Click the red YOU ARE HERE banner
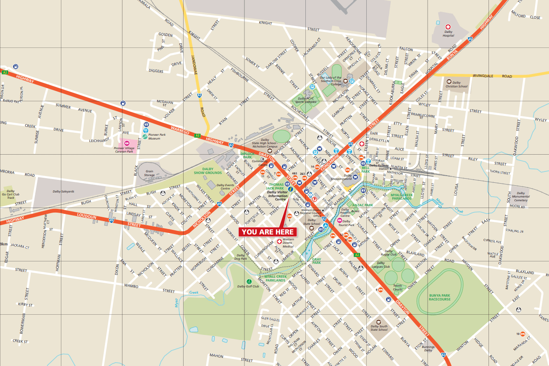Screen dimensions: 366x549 (268, 232)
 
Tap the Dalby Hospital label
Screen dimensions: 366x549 (449, 33)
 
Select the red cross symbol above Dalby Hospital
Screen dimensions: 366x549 (448, 26)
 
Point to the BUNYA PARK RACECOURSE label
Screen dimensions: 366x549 (439, 298)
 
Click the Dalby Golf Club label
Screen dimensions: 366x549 (248, 287)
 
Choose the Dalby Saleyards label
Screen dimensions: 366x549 (63, 192)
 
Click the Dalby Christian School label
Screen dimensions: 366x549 (457, 84)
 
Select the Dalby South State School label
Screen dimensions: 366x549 (379, 328)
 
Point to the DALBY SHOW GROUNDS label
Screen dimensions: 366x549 (208, 171)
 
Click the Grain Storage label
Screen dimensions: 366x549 (150, 173)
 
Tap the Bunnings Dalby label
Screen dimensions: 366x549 (428, 348)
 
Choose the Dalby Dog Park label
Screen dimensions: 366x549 (241, 257)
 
